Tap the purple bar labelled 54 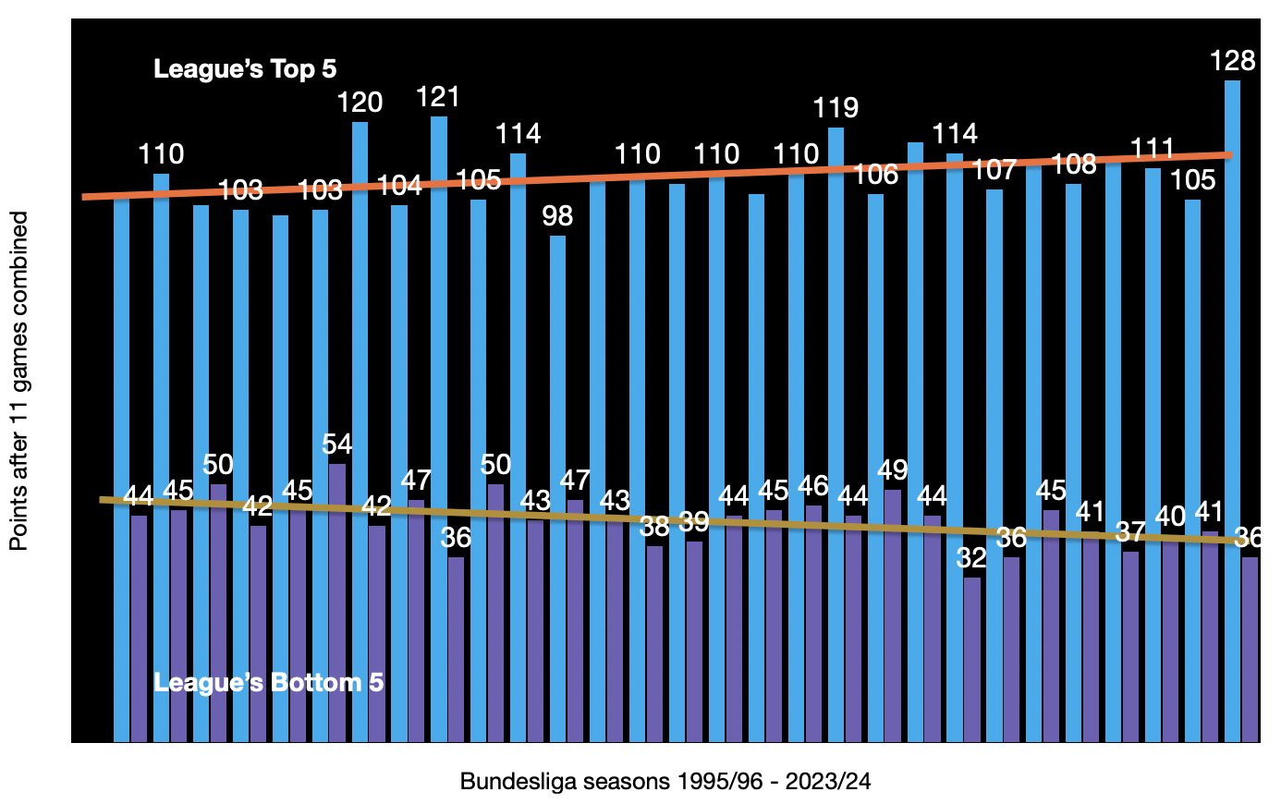click(337, 601)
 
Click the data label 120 click(360, 103)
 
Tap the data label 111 click(1153, 149)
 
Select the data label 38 click(654, 527)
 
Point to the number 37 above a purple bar click(1129, 532)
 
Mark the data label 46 click(812, 486)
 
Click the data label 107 click(994, 170)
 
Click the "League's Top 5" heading click(245, 69)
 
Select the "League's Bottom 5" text click(268, 683)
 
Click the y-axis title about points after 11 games click(19, 381)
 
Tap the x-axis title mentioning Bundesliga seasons click(665, 782)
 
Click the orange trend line click(647, 175)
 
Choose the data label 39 click(694, 522)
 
